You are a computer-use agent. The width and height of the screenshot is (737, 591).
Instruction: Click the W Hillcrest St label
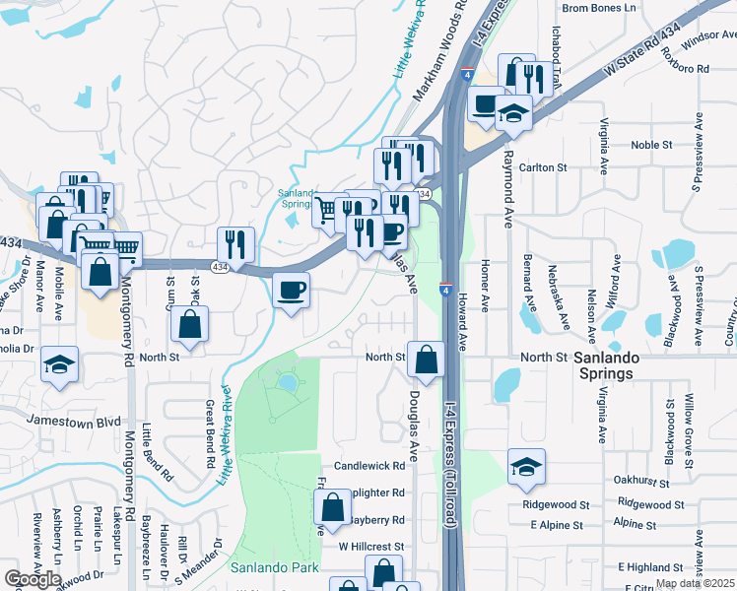pyautogui.click(x=371, y=546)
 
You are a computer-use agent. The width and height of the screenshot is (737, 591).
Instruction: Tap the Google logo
pyautogui.click(x=33, y=579)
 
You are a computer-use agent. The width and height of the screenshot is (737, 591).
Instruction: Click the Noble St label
pyautogui.click(x=650, y=145)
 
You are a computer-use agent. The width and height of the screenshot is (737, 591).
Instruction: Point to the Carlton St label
pyautogui.click(x=549, y=167)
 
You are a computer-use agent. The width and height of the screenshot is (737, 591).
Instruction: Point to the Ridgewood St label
pyautogui.click(x=556, y=504)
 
